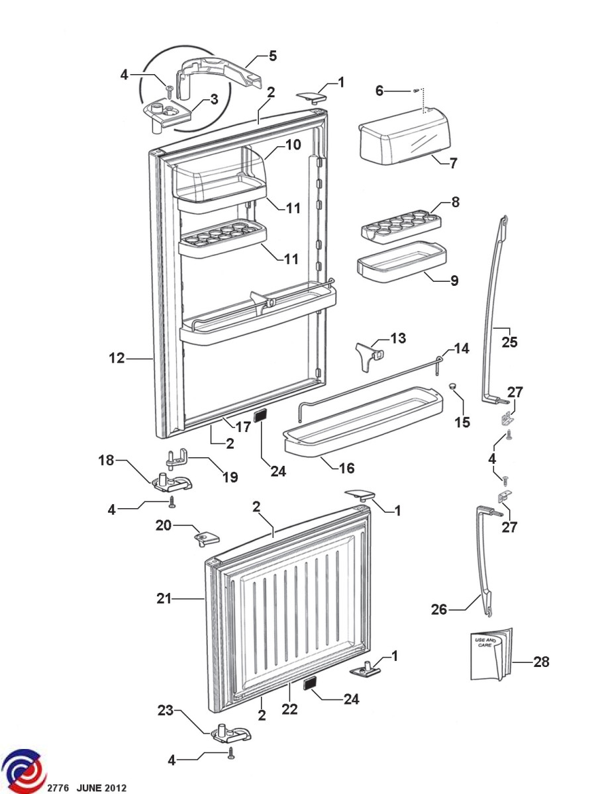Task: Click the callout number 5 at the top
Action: (x=273, y=56)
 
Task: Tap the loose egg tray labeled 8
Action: (x=401, y=223)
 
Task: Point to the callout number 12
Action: (x=117, y=358)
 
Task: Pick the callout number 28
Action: (x=541, y=662)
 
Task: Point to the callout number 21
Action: (x=164, y=599)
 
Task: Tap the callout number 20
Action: (x=164, y=525)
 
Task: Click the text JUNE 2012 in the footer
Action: (x=101, y=788)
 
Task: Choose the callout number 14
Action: (x=460, y=348)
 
